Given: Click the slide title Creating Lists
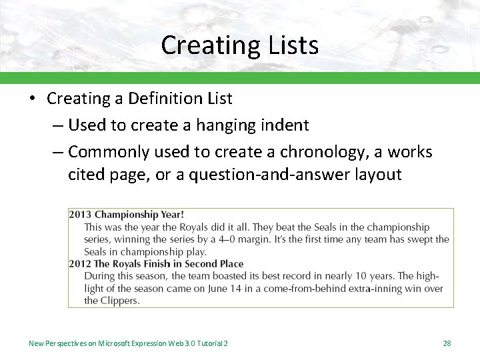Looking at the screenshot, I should pos(239,45).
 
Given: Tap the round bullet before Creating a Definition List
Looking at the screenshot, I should pos(31,99).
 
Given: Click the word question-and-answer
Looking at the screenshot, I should pos(273,175).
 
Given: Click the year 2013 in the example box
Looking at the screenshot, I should pos(80,215).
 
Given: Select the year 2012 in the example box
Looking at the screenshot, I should pos(80,264).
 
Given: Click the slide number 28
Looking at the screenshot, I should pos(447,343).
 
